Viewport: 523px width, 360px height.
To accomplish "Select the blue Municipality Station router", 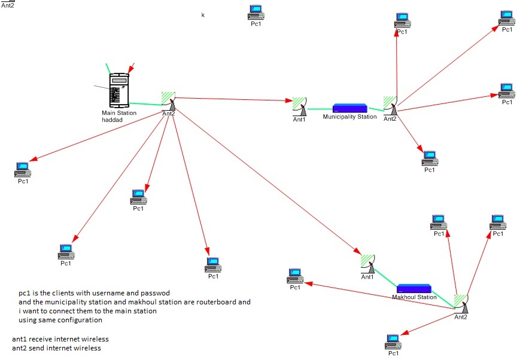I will [350, 108].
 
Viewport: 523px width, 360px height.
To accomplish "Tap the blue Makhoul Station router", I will [413, 289].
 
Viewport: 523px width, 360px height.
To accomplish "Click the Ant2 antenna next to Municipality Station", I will [391, 105].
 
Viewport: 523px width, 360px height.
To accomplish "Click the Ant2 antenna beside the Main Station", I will [168, 101].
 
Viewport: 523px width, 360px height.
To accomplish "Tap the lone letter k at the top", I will [203, 15].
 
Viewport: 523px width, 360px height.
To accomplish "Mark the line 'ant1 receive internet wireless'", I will [60, 339].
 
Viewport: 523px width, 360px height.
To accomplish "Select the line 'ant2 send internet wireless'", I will [56, 348].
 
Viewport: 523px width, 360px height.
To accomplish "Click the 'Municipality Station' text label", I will [349, 117].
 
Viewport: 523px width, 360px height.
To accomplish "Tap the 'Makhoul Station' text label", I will [414, 297].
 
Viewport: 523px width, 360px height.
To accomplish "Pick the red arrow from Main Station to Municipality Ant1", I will [233, 99].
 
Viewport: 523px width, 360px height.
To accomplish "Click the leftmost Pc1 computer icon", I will [22, 170].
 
